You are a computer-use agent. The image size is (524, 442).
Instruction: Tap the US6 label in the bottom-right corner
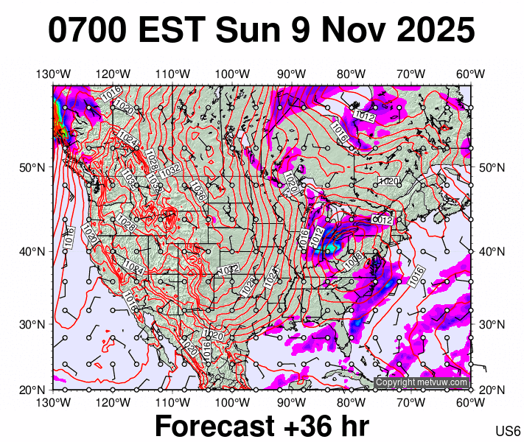tap(509, 431)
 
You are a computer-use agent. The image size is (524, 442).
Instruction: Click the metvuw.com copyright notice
tap(422, 382)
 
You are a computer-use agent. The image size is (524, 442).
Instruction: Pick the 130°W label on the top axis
tap(53, 74)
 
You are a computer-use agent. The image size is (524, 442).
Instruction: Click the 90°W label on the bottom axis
tap(292, 401)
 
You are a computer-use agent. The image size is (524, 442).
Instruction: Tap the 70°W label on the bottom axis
tap(411, 401)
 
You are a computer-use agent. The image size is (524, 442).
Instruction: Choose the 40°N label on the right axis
tap(492, 251)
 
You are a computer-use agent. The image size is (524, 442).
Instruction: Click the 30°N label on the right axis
tap(492, 324)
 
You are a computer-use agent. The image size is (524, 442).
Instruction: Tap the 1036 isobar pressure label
tap(197, 190)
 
